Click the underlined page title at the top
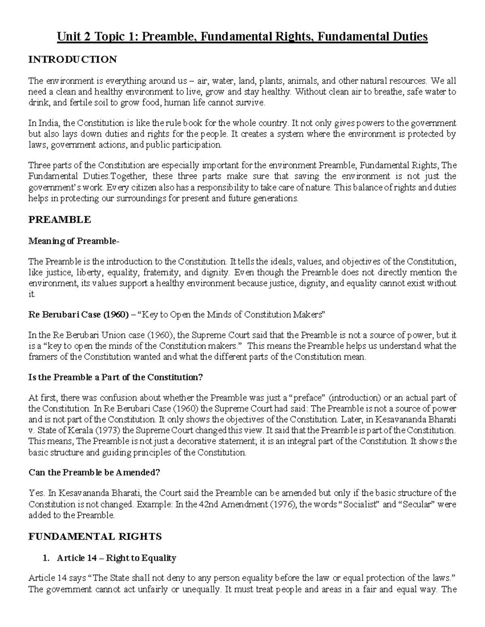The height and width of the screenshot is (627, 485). coord(242,37)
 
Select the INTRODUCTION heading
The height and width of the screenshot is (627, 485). coord(72,60)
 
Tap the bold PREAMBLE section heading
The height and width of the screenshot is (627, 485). coord(59,220)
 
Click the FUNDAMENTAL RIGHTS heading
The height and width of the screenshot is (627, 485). coord(95,537)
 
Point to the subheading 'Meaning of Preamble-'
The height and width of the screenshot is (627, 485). coord(74,241)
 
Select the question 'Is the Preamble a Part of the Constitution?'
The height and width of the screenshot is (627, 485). coord(115,377)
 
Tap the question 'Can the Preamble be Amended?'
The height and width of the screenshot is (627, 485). coord(94,473)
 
